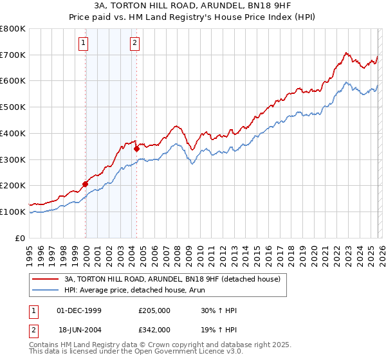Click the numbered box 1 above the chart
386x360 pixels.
[x=84, y=43]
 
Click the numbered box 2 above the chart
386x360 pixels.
[x=134, y=43]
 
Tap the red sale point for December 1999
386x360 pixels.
[x=85, y=184]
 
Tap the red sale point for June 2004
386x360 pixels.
[x=136, y=148]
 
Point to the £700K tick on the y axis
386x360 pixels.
[x=13, y=55]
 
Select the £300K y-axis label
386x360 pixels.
[x=13, y=159]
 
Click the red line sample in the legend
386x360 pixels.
[x=46, y=280]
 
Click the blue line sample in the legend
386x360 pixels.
[x=46, y=291]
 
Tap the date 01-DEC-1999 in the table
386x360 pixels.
[x=79, y=310]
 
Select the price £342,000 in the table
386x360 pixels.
[x=154, y=329]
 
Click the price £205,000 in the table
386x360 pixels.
[x=154, y=310]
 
